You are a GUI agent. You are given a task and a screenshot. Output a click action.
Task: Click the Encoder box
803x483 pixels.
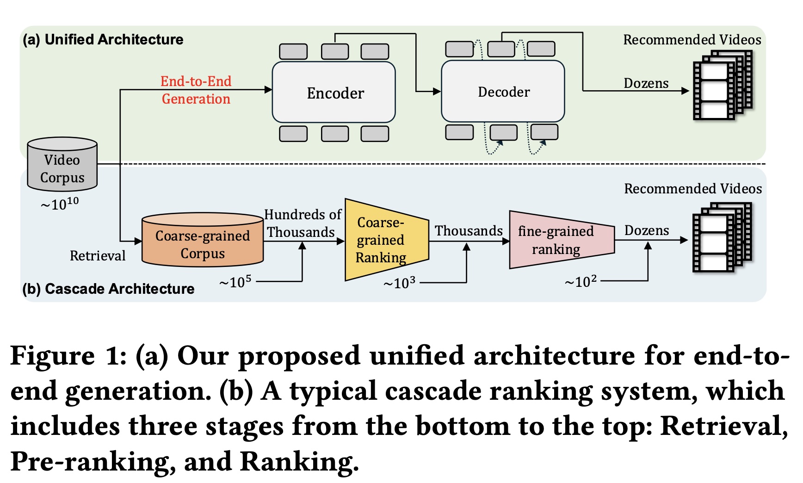coord(334,93)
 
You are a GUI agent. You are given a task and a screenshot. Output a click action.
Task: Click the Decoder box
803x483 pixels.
coord(503,92)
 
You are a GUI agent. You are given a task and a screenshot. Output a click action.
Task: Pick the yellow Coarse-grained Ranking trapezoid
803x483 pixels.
coord(384,240)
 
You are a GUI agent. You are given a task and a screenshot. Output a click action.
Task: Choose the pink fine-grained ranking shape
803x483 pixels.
coord(559,240)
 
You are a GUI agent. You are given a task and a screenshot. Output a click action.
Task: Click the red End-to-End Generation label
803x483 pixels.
coord(196,90)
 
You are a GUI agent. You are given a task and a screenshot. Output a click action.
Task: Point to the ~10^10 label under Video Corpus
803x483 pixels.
coord(60,204)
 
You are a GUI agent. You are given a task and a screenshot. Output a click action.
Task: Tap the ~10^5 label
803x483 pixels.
coord(235,282)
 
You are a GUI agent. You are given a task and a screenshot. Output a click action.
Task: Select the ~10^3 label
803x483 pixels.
coord(400,283)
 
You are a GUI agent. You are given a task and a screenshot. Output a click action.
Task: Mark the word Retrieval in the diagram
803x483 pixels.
coord(98,255)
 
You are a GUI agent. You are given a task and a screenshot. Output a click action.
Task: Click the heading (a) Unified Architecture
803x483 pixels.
coord(103,39)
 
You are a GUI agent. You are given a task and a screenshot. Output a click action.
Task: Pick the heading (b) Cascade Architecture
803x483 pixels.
coord(108,289)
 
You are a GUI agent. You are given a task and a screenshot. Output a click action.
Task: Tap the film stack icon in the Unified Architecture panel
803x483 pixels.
coord(723,85)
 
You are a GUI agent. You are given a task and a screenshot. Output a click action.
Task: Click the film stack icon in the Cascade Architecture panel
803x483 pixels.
coord(722,237)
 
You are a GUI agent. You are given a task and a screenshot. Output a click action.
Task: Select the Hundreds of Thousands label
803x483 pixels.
coord(303,223)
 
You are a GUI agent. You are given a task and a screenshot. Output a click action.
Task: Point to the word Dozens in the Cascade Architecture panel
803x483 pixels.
coord(647,230)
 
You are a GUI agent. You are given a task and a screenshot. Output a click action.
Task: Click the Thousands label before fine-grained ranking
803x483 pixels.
coord(469,230)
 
